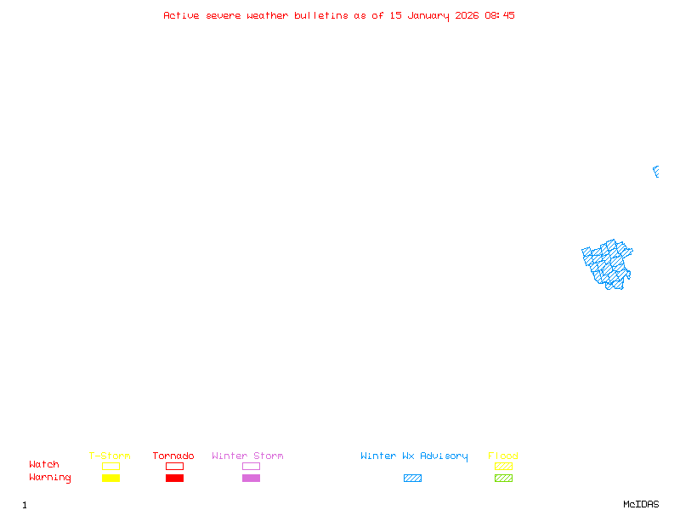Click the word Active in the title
coord(181,15)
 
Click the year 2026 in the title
coord(467,15)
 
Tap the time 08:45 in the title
coord(500,15)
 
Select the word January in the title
coord(428,16)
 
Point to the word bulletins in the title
coord(321,15)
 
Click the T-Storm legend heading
coord(110,456)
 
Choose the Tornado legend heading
coord(173,456)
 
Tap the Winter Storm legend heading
coord(247,456)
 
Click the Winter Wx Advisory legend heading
coord(414,456)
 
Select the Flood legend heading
coord(503,456)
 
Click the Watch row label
coord(44,464)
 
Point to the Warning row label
coord(50,478)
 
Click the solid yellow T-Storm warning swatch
coord(111,478)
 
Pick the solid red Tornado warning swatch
coord(175,478)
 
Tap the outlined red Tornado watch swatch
coord(175,462)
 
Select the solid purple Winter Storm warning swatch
coord(251,478)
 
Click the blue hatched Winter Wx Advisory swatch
coord(412,478)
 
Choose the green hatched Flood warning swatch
coord(503,478)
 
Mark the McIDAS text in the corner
coord(641,504)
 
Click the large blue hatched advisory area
coord(607,264)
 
